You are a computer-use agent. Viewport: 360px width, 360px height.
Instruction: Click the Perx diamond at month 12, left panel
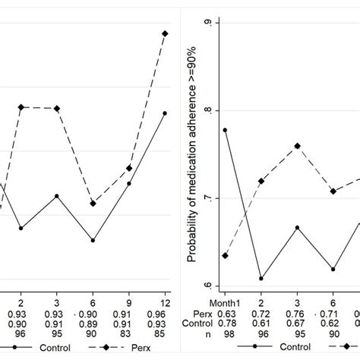pyautogui.click(x=165, y=33)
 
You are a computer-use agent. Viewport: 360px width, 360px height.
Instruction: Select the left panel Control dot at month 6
pyautogui.click(x=93, y=240)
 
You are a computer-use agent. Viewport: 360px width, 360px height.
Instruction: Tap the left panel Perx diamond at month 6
pyautogui.click(x=93, y=204)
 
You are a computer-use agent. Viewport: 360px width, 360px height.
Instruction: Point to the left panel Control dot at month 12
pyautogui.click(x=165, y=113)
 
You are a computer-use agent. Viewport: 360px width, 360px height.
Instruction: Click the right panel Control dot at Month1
pyautogui.click(x=225, y=130)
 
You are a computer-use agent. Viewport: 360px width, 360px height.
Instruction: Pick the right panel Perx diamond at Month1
pyautogui.click(x=225, y=256)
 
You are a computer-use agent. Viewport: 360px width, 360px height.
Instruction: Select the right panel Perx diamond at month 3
pyautogui.click(x=296, y=146)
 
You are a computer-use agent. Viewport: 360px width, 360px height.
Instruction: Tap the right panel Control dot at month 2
pyautogui.click(x=261, y=278)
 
